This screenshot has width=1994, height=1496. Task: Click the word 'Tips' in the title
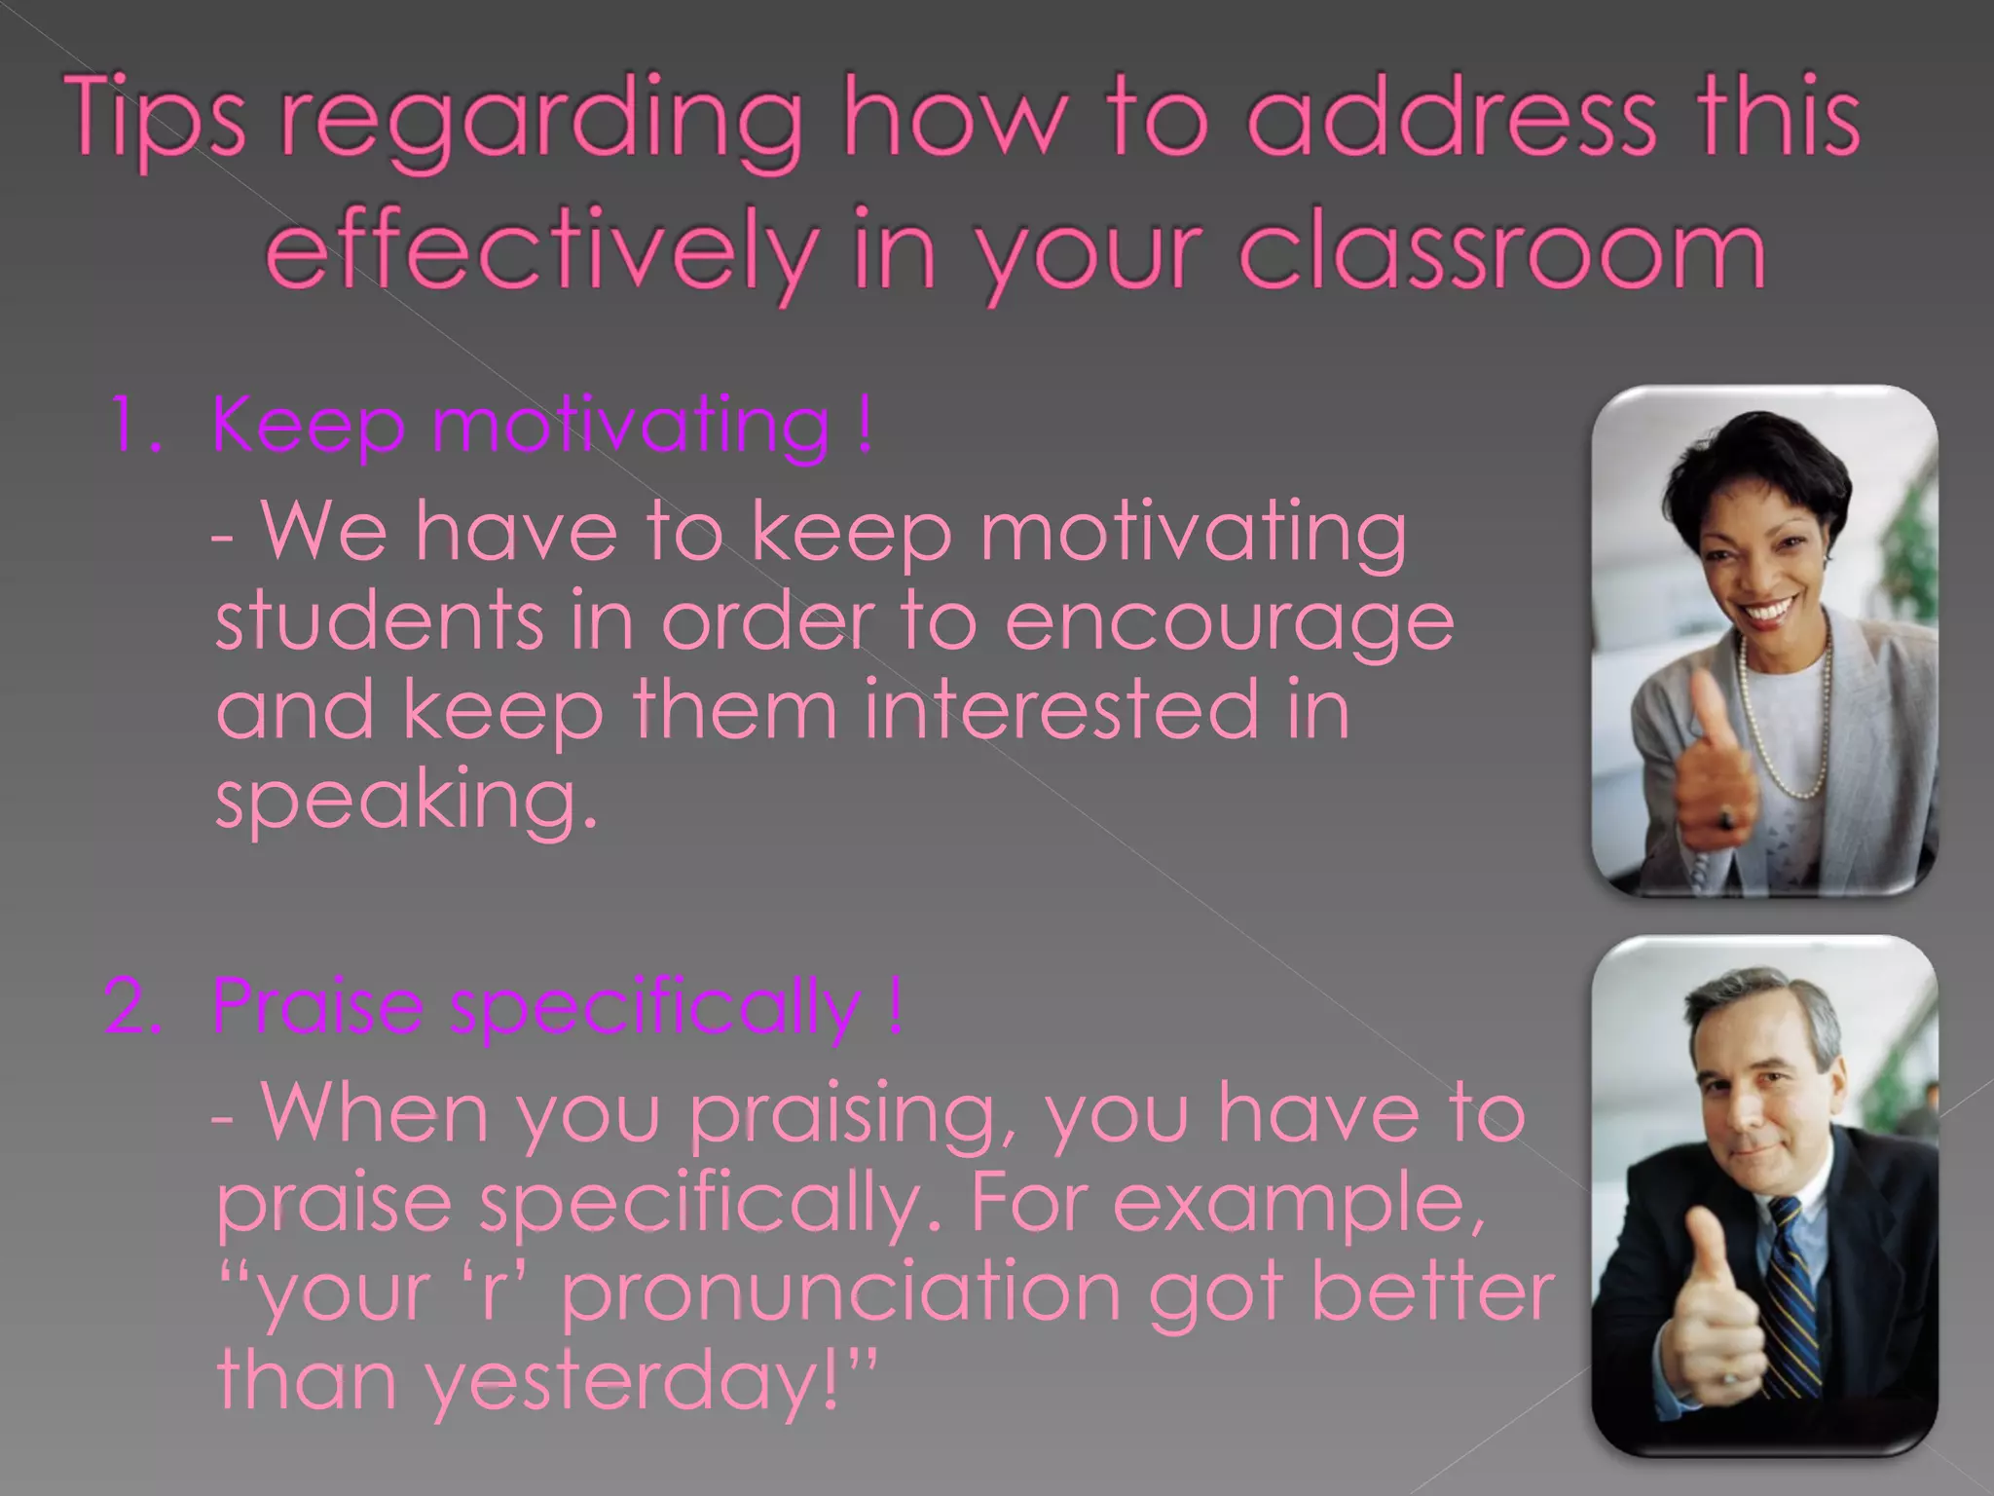[158, 122]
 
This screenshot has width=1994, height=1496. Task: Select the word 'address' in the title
[1451, 122]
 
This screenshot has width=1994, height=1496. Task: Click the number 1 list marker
[130, 425]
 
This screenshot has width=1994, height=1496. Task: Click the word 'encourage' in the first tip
[1229, 623]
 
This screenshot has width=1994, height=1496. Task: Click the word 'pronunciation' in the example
[842, 1292]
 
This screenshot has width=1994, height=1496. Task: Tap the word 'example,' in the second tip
[1299, 1205]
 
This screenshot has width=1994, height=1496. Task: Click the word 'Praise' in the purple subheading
[317, 1005]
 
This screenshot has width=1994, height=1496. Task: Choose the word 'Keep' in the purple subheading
[308, 425]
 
